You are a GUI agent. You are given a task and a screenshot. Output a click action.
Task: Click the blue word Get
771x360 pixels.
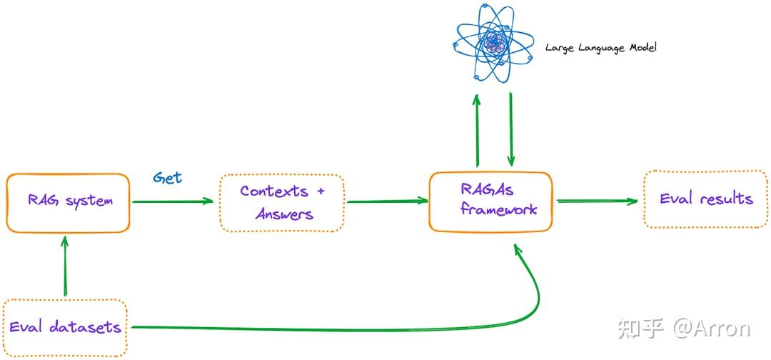point(167,178)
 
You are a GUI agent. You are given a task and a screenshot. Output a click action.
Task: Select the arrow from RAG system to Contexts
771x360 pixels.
point(173,201)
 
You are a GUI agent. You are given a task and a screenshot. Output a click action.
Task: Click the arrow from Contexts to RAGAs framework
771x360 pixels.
point(388,201)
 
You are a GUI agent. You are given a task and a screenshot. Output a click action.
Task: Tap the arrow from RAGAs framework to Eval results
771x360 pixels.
point(597,201)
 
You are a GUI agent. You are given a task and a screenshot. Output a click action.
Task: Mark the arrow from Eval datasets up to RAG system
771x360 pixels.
point(66,266)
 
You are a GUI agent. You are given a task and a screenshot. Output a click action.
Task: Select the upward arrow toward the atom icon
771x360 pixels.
point(476,130)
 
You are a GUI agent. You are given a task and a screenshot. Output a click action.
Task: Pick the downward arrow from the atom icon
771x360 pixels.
point(511,129)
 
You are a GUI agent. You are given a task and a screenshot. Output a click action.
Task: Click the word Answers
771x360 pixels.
point(284,214)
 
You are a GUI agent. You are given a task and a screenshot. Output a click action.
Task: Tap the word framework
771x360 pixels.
point(498,210)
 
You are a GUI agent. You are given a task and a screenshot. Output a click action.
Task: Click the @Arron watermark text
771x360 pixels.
point(712,329)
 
